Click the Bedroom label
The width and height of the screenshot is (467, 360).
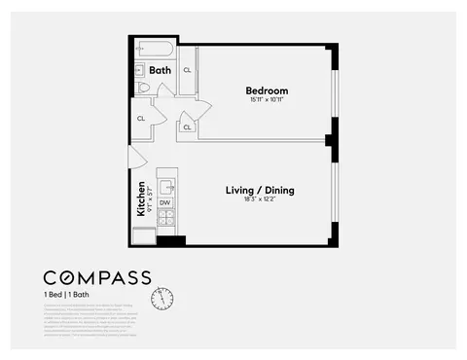point(266,90)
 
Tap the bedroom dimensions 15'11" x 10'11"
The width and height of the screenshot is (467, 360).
point(266,101)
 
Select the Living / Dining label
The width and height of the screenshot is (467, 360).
point(260,190)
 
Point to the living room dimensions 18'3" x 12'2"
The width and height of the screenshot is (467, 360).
point(260,200)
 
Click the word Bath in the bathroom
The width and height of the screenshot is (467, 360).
point(160,70)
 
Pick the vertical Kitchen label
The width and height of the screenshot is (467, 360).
point(141,197)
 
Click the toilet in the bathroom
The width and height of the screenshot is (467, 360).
point(143,88)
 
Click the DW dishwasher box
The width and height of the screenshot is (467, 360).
point(165,202)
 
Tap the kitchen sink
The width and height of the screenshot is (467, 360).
point(166,186)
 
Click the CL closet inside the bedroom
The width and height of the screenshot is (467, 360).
point(188,70)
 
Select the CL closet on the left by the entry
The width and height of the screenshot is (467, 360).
point(142,118)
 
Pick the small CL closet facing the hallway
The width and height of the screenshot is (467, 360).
point(186,126)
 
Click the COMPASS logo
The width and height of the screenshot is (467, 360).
point(96,276)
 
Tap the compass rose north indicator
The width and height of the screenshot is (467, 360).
point(162,296)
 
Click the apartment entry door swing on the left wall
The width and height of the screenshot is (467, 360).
point(137,157)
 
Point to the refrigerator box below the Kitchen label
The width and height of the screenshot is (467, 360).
point(143,235)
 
